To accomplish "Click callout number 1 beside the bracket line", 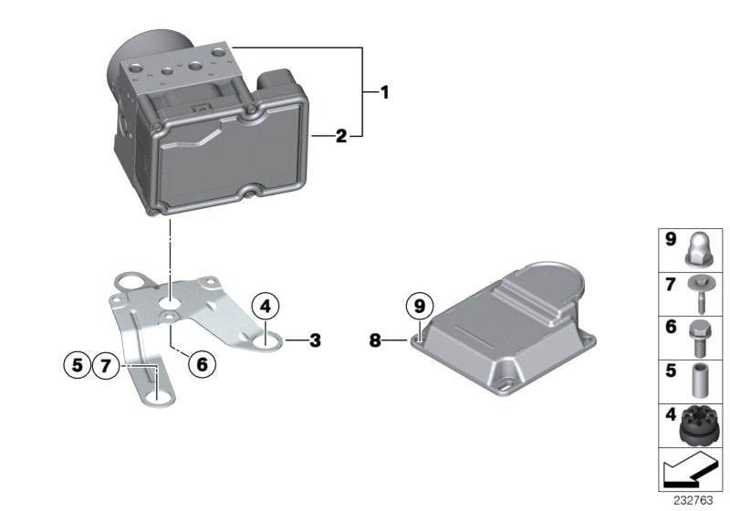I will tap(384, 92).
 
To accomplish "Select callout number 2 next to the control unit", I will tap(340, 137).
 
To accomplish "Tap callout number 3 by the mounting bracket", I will tap(315, 341).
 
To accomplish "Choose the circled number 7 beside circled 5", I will tap(107, 366).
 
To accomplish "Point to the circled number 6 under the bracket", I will tap(202, 364).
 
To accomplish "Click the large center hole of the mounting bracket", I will tap(171, 300).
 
